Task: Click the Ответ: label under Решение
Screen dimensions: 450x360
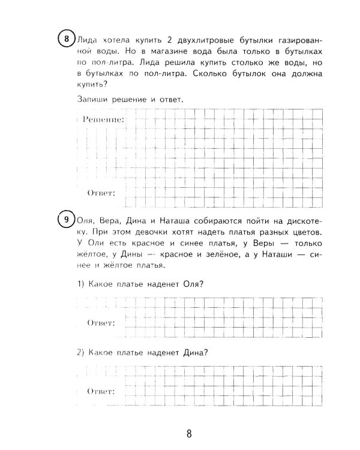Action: tap(101, 193)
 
